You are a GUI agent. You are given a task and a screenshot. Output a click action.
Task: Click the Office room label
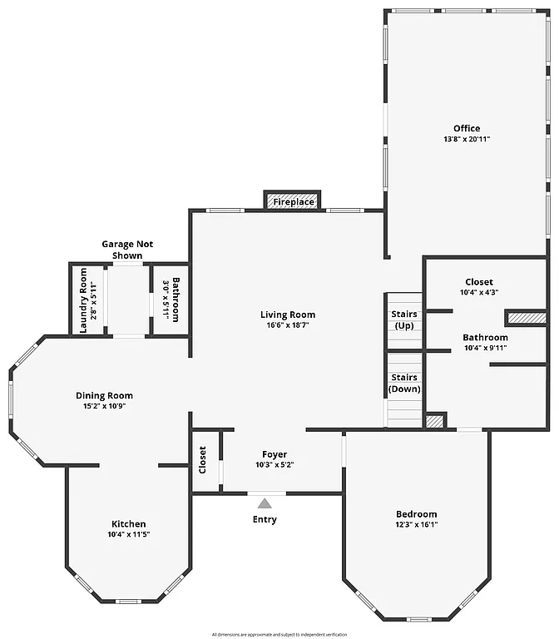tap(467, 128)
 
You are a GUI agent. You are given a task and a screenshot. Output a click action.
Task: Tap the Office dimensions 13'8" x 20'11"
tap(467, 139)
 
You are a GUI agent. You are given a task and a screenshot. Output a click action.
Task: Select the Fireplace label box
tap(293, 202)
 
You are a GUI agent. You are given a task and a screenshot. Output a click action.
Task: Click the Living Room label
tap(288, 315)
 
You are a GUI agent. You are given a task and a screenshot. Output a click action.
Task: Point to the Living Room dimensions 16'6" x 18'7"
tap(288, 325)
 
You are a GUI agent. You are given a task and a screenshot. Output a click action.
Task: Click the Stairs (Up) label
tap(404, 319)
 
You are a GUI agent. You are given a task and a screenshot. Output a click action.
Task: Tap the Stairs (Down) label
tap(404, 383)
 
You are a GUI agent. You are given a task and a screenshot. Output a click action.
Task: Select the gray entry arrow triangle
tap(265, 503)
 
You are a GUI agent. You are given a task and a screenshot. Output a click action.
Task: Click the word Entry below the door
tap(265, 520)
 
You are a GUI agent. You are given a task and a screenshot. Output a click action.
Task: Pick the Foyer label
tap(275, 454)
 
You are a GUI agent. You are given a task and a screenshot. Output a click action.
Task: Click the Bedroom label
tap(416, 514)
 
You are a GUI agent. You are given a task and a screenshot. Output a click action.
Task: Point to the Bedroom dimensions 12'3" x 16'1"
tap(416, 525)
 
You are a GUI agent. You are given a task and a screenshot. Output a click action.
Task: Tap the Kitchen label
tap(128, 523)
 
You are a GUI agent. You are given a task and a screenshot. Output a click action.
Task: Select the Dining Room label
tap(104, 396)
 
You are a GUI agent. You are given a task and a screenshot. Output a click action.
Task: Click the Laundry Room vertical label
tap(83, 300)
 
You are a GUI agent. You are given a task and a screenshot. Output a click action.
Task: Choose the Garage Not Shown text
tap(127, 250)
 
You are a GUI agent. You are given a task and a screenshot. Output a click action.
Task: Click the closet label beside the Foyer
tap(202, 460)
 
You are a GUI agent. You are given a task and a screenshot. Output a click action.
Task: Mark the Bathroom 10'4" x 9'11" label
tap(485, 342)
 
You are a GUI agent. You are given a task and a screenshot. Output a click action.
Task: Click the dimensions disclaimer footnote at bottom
tap(279, 634)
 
